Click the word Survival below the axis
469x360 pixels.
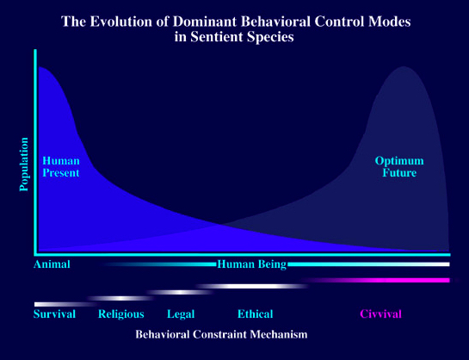pyautogui.click(x=54, y=314)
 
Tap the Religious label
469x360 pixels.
pyautogui.click(x=121, y=314)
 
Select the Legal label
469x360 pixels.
pyautogui.click(x=181, y=314)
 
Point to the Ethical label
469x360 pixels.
pyautogui.click(x=255, y=314)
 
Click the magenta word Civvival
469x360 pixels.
pyautogui.click(x=380, y=314)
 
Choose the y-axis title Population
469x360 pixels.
pyautogui.click(x=23, y=164)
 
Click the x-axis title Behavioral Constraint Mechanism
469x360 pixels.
pyautogui.click(x=221, y=334)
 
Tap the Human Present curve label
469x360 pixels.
pyautogui.click(x=61, y=167)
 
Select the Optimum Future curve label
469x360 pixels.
pyautogui.click(x=399, y=167)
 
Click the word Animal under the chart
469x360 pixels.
pyautogui.click(x=52, y=264)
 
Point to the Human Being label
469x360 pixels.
pyautogui.click(x=252, y=264)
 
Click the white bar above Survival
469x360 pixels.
pyautogui.click(x=65, y=304)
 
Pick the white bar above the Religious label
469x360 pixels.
pyautogui.click(x=121, y=298)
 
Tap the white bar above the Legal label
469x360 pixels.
pyautogui.click(x=181, y=292)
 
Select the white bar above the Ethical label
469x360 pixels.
pyautogui.click(x=253, y=286)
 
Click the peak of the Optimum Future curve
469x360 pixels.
pyautogui.click(x=404, y=66)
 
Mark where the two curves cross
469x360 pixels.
pyautogui.click(x=221, y=224)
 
